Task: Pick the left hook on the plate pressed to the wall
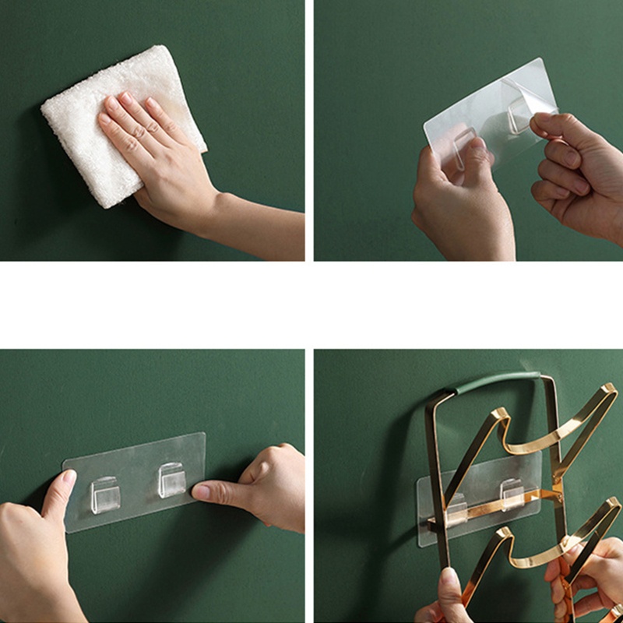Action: click(104, 495)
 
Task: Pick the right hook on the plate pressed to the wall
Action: click(171, 479)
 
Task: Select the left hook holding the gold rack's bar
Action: click(456, 502)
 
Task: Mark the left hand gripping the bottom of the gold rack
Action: click(448, 600)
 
